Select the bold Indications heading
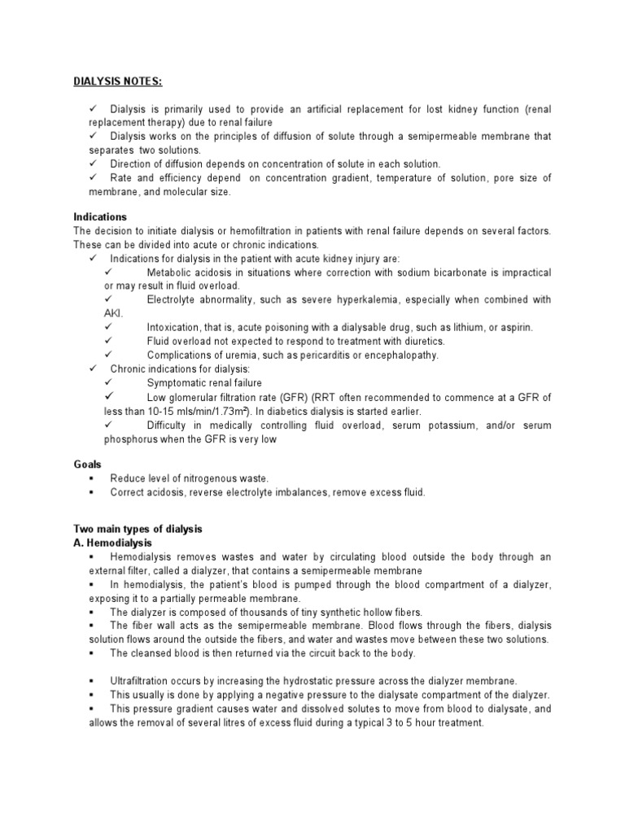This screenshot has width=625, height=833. [x=99, y=217]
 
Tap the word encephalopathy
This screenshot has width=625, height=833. [x=399, y=355]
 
